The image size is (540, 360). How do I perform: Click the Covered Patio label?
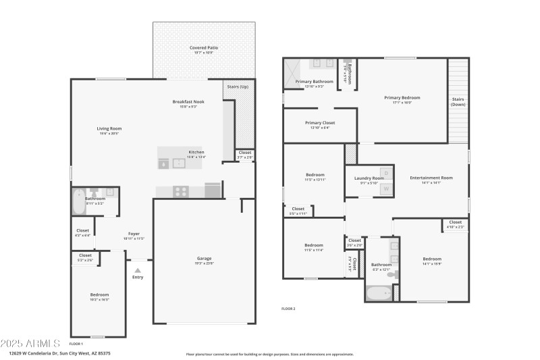[x=204, y=48]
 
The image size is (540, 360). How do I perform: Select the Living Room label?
[x=109, y=128]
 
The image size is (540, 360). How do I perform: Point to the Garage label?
[x=204, y=259]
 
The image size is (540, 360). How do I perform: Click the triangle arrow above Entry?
[x=138, y=270]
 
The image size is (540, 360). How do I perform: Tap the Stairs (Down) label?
[x=458, y=101]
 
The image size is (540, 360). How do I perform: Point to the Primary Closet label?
[x=320, y=123]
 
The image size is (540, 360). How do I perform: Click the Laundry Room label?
[x=369, y=178]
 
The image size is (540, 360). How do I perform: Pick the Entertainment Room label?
[x=431, y=178]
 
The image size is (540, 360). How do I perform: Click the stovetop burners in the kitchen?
[x=181, y=191]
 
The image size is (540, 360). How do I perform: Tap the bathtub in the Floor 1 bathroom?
[x=79, y=201]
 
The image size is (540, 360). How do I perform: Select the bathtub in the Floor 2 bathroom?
[x=377, y=293]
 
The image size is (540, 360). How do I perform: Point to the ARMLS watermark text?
[x=30, y=343]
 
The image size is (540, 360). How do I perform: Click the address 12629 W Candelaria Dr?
[x=60, y=353]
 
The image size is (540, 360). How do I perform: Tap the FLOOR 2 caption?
[x=288, y=309]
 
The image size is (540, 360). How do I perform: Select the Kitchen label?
[x=196, y=152]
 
